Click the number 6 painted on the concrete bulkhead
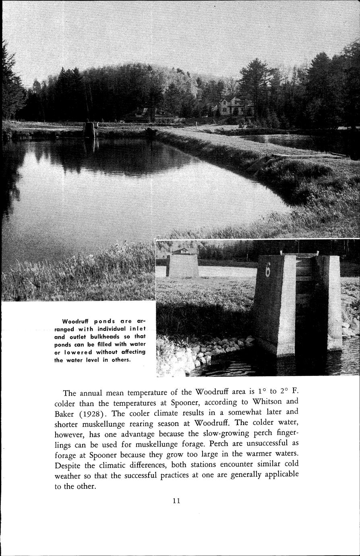(268, 269)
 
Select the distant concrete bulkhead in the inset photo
(182, 266)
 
